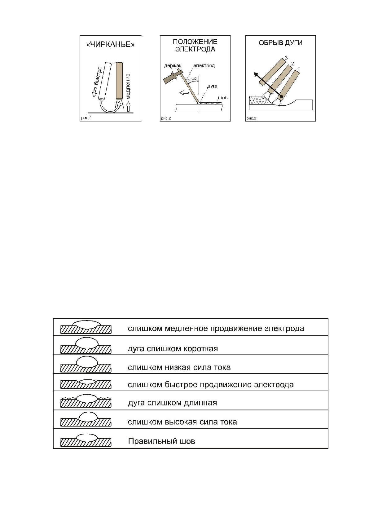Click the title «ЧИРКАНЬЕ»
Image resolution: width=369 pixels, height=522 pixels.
pos(110,45)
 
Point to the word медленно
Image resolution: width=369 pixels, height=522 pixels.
pos(128,86)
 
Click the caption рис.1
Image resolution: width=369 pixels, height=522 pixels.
pos(87,118)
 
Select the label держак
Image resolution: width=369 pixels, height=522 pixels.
pos(173,66)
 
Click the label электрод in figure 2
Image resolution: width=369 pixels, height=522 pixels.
pos(204,66)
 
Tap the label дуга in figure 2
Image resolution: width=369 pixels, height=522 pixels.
pos(212,86)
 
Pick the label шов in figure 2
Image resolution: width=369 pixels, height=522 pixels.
pos(222,98)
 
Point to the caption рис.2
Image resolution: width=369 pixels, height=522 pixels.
pos(166,118)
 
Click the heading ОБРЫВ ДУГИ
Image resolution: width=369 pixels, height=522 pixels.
pos(280,43)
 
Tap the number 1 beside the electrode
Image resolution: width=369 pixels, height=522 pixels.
pos(299,68)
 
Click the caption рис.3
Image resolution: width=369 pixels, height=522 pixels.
pos(251,118)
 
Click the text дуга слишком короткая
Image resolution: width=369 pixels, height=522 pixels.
pos(173,349)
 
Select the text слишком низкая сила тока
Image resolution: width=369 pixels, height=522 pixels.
pos(179,368)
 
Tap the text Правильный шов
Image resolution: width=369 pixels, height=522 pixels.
pos(161,441)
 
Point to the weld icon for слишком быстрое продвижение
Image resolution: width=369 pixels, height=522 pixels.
pos(86,384)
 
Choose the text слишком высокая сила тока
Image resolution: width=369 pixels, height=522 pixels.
pos(182,422)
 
